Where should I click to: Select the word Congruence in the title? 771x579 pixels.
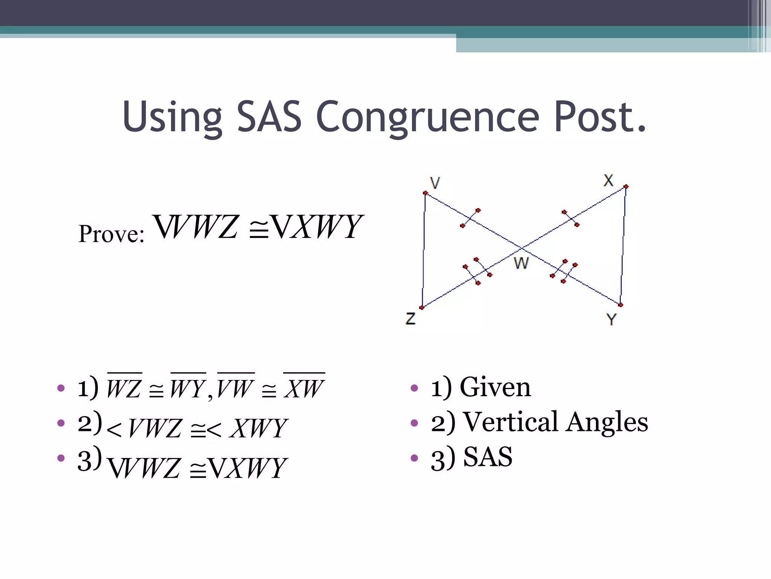coord(428,118)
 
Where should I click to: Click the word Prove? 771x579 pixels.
coord(111,234)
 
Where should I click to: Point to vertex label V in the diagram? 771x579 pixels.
coord(435,183)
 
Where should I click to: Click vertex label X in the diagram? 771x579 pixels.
coord(608,180)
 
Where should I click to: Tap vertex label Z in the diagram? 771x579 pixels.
coord(410,319)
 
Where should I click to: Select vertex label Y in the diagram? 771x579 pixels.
coord(611,319)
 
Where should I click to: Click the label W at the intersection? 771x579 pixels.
coord(521,263)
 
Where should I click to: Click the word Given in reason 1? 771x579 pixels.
coord(495,387)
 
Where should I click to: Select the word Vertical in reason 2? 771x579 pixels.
coord(510,422)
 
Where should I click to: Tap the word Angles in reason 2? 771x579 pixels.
coord(607,422)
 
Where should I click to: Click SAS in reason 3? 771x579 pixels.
coord(488,457)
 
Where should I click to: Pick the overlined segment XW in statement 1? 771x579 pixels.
coord(304,388)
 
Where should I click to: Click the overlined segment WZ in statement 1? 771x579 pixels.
coord(124,388)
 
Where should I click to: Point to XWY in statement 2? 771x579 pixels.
coord(259,429)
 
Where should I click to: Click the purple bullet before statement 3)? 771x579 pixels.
coord(61,458)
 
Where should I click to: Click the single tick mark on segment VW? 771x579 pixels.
coord(470,218)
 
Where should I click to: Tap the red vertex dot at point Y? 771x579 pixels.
coord(620,305)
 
